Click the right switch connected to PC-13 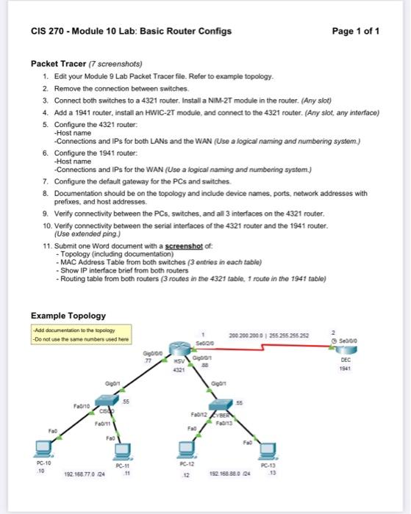[223, 408]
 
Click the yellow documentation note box [80, 335]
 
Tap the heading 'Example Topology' [68, 315]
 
